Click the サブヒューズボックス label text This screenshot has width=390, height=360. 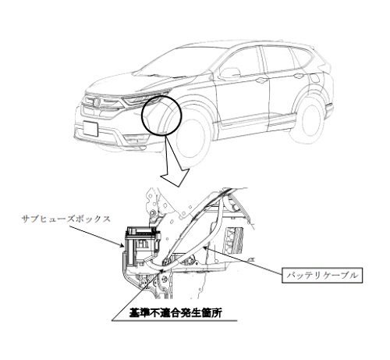coord(66,219)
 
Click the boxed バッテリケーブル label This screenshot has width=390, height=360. coord(322,275)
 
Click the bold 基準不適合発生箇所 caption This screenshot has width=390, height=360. coord(175,313)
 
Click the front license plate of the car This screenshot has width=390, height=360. coord(90,128)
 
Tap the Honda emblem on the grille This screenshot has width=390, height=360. coord(96,102)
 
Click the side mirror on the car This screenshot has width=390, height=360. coord(230,73)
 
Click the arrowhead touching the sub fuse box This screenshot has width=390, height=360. coord(121,245)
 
